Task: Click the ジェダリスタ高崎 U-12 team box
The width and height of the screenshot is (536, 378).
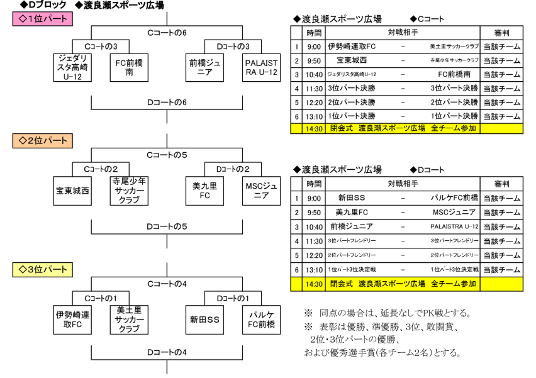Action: point(74,68)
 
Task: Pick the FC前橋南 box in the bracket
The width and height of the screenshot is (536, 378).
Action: point(129,68)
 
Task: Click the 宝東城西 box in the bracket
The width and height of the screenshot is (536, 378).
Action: point(74,191)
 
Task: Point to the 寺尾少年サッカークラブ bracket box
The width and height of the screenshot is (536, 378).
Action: point(129,191)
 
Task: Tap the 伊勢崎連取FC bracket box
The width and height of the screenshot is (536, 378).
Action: point(74,320)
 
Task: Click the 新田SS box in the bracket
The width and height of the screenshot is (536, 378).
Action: point(204,320)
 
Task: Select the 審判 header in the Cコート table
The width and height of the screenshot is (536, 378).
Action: point(501,33)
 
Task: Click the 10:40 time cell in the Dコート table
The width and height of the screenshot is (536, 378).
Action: point(314,226)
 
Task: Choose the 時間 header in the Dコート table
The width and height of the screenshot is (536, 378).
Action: point(314,184)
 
